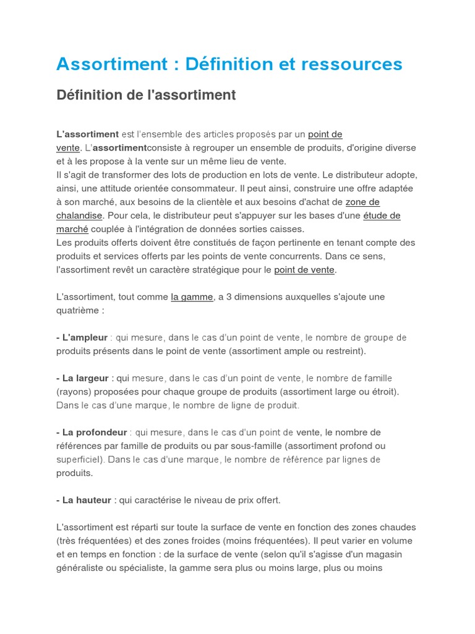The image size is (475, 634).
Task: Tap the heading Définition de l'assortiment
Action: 146,95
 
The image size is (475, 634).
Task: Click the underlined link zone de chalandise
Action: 362,202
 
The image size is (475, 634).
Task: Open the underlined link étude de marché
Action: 382,215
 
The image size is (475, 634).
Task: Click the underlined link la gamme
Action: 192,297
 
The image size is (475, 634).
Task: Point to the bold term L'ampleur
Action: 85,337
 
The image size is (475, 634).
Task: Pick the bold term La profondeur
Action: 94,432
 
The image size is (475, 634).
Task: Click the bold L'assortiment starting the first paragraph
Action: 87,134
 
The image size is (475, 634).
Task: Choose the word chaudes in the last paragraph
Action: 395,528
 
